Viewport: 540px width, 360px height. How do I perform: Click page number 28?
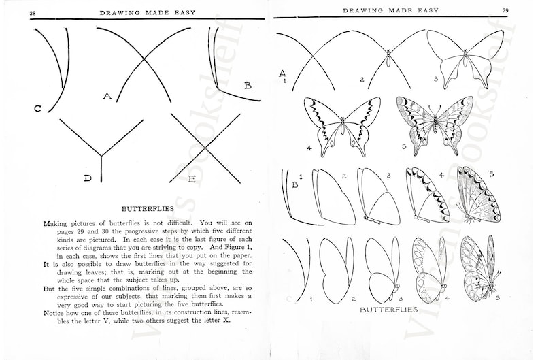pyautogui.click(x=33, y=13)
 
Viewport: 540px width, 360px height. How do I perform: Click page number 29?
pyautogui.click(x=505, y=10)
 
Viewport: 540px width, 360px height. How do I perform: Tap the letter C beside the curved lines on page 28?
pyautogui.click(x=37, y=108)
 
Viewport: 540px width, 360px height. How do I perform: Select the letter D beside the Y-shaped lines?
pyautogui.click(x=88, y=178)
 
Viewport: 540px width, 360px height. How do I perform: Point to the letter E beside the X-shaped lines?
pyautogui.click(x=192, y=179)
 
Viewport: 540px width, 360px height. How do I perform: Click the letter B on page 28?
pyautogui.click(x=248, y=86)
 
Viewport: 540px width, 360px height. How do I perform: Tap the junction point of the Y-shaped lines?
pyautogui.click(x=101, y=156)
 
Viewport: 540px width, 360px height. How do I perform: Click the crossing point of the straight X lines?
pyautogui.click(x=205, y=148)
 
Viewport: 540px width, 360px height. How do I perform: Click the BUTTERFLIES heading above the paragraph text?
pyautogui.click(x=148, y=209)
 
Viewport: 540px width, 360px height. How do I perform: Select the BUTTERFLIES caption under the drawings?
pyautogui.click(x=388, y=310)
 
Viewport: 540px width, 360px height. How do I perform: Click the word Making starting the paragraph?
pyautogui.click(x=54, y=223)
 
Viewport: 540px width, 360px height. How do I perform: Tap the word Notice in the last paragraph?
pyautogui.click(x=53, y=313)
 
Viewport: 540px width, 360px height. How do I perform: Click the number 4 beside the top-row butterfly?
pyautogui.click(x=309, y=148)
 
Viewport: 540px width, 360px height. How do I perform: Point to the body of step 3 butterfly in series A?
pyautogui.click(x=465, y=61)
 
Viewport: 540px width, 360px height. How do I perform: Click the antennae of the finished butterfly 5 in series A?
pyautogui.click(x=435, y=111)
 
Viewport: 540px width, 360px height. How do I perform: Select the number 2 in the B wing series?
pyautogui.click(x=344, y=176)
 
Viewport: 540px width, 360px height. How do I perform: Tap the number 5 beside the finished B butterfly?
pyautogui.click(x=492, y=174)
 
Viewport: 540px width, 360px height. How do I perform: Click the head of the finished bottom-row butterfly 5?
pyautogui.click(x=493, y=284)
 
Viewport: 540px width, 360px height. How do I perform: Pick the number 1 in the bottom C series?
pyautogui.click(x=311, y=299)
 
